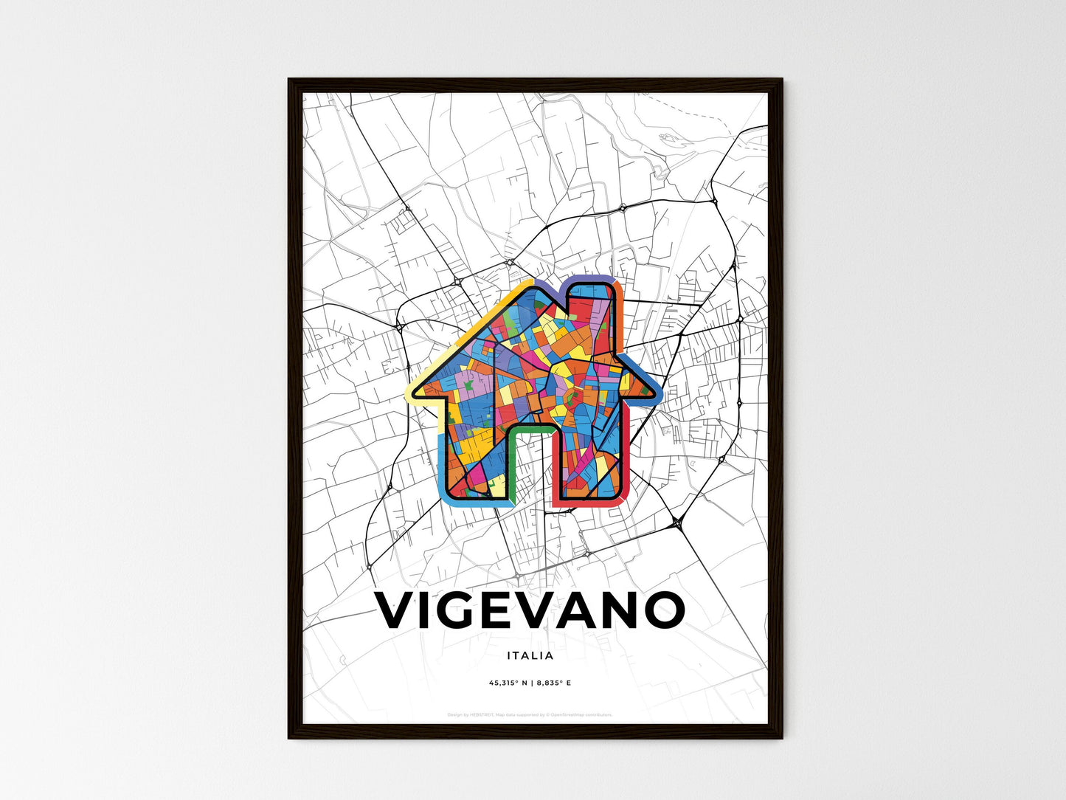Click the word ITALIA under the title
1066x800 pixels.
coord(530,655)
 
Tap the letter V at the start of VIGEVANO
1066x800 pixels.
coord(398,610)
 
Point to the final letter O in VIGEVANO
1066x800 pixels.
coord(661,610)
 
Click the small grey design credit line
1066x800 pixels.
coord(530,714)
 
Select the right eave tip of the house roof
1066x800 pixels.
coord(659,396)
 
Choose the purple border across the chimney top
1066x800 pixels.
coord(590,279)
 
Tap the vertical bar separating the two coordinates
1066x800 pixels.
coord(530,683)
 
